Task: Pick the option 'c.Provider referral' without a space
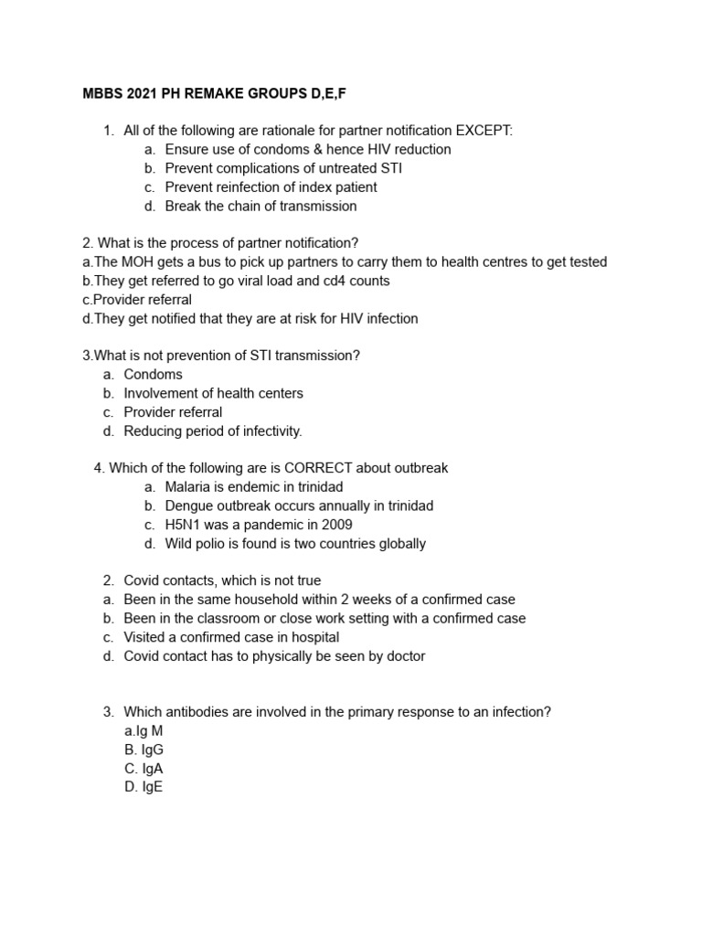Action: coord(137,300)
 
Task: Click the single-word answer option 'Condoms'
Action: coord(153,374)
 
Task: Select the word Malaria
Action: coord(189,487)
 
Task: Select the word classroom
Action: coord(213,619)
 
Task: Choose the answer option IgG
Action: coord(144,750)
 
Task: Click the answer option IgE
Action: coord(144,787)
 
